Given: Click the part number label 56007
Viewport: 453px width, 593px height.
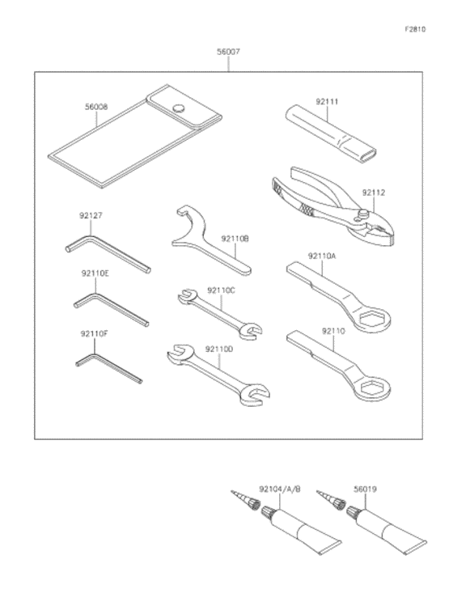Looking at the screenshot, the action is click(x=228, y=52).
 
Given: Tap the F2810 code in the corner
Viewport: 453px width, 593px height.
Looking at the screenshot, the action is click(x=415, y=29).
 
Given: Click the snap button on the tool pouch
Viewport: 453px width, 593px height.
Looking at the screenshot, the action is click(x=180, y=108).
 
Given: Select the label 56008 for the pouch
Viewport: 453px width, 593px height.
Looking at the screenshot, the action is click(x=96, y=107).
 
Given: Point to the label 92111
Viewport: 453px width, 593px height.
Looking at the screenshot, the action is click(x=327, y=102).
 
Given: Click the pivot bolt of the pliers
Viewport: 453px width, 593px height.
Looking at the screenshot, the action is click(x=363, y=214).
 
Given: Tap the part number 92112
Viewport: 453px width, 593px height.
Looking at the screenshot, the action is click(x=374, y=193).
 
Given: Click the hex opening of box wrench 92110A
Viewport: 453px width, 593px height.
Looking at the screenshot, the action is click(x=371, y=319).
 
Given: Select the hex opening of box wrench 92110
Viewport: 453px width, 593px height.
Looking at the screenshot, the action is click(x=371, y=388).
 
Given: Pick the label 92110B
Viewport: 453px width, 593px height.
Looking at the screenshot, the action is click(x=235, y=239).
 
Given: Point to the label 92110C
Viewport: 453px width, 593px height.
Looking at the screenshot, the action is click(x=221, y=290).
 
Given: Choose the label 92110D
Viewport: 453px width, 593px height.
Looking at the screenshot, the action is click(x=219, y=349).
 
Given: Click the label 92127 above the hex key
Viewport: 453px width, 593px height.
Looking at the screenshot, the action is click(x=91, y=215).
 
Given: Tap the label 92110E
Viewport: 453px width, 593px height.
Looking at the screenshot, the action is click(x=95, y=273).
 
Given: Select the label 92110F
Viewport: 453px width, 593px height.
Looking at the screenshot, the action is click(x=94, y=334).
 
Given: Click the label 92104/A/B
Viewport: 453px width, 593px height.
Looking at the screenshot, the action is click(x=280, y=489).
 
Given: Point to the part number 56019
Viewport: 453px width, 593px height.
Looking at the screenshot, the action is click(x=366, y=489).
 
